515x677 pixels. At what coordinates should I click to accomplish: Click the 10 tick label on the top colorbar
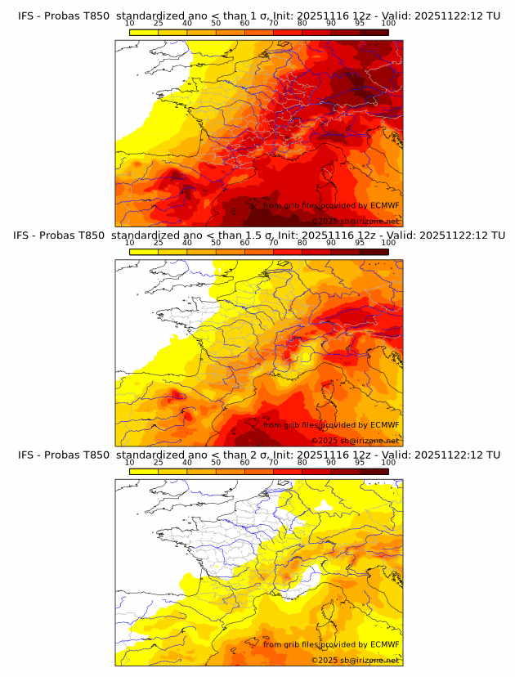tap(130, 23)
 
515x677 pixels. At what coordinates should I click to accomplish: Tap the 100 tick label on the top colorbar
tap(388, 23)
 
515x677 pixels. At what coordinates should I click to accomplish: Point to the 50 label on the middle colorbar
tap(216, 243)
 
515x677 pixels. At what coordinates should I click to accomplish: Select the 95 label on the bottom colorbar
tap(360, 463)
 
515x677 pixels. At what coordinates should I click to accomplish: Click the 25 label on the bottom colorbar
tap(158, 463)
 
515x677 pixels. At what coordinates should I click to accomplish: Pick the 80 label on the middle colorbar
tap(302, 243)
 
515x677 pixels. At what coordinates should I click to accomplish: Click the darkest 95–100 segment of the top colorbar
tap(374, 32)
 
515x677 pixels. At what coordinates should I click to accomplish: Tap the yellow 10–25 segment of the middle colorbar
tap(144, 252)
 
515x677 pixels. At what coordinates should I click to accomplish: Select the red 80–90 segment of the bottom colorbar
tap(316, 472)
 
